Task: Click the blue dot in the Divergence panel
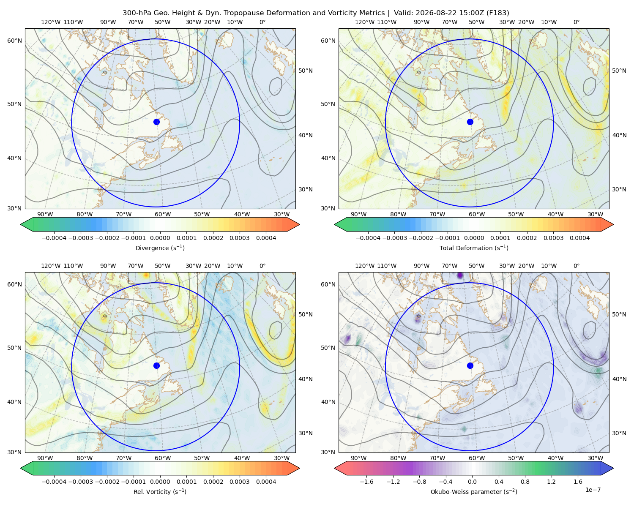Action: [156, 122]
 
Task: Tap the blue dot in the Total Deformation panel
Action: [470, 122]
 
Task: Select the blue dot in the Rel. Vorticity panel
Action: [156, 365]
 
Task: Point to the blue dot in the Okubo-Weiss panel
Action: [470, 365]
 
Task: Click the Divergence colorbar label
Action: [160, 248]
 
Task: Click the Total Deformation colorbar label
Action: [474, 248]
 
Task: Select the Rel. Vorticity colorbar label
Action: [160, 492]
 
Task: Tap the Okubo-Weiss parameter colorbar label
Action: [474, 492]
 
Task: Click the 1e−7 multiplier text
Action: [593, 490]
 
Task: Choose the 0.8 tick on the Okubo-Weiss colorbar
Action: [525, 482]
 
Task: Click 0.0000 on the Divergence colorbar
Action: [160, 238]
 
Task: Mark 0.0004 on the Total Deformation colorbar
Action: [579, 238]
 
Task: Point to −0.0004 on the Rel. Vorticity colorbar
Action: [54, 482]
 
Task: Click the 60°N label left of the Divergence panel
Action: [14, 41]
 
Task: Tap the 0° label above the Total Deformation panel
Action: [576, 22]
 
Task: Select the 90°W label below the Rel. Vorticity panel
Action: [45, 458]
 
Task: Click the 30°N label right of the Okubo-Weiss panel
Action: [619, 433]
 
